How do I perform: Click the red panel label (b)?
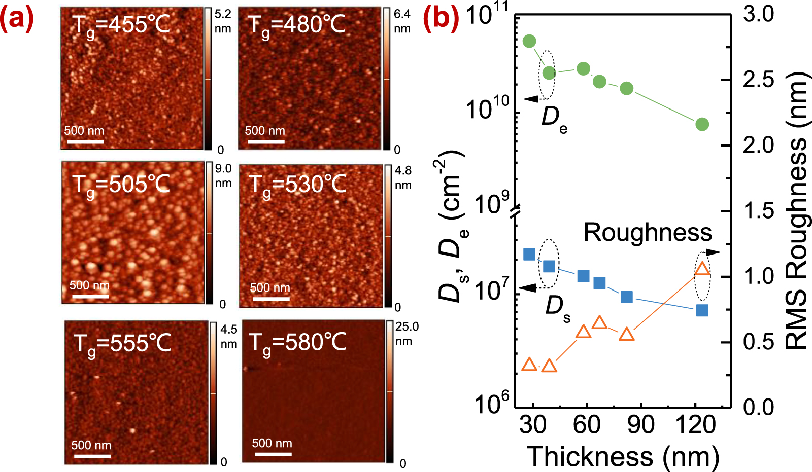(x=441, y=18)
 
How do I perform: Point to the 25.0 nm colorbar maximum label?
(x=407, y=327)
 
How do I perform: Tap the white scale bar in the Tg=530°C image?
(x=271, y=299)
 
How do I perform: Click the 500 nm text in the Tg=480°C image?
(x=265, y=131)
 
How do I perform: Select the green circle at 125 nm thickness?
(x=702, y=124)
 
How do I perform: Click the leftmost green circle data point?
(x=529, y=41)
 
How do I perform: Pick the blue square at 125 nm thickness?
(x=702, y=310)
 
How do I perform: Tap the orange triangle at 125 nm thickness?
(x=702, y=269)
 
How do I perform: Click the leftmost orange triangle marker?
(x=529, y=365)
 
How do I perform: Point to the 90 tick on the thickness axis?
(x=640, y=425)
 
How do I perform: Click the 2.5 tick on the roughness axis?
(x=758, y=80)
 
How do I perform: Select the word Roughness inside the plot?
(x=648, y=233)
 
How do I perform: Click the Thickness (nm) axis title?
(x=623, y=456)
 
